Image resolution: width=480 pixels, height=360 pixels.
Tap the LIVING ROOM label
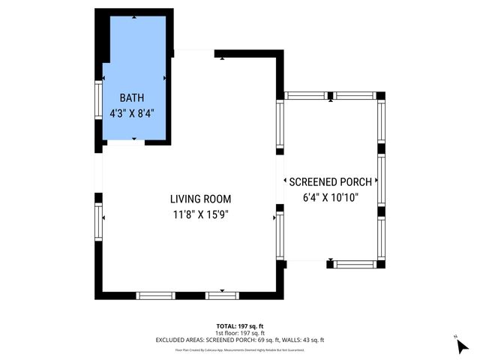pos(200,199)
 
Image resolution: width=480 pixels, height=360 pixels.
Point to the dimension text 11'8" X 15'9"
pos(200,214)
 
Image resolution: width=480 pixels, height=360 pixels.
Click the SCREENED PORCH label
pos(330,182)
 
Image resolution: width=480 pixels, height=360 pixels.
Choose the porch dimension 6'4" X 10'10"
pos(330,198)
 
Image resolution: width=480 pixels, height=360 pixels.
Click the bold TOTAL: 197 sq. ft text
pos(239,325)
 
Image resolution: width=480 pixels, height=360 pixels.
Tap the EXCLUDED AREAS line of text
pos(239,340)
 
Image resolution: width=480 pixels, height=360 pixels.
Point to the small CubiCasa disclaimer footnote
pos(239,349)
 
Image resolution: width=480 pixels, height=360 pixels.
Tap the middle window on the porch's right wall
pos(381,180)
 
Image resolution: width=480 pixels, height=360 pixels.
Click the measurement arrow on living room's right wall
pos(273,217)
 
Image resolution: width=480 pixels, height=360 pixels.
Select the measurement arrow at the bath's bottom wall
pos(134,139)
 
